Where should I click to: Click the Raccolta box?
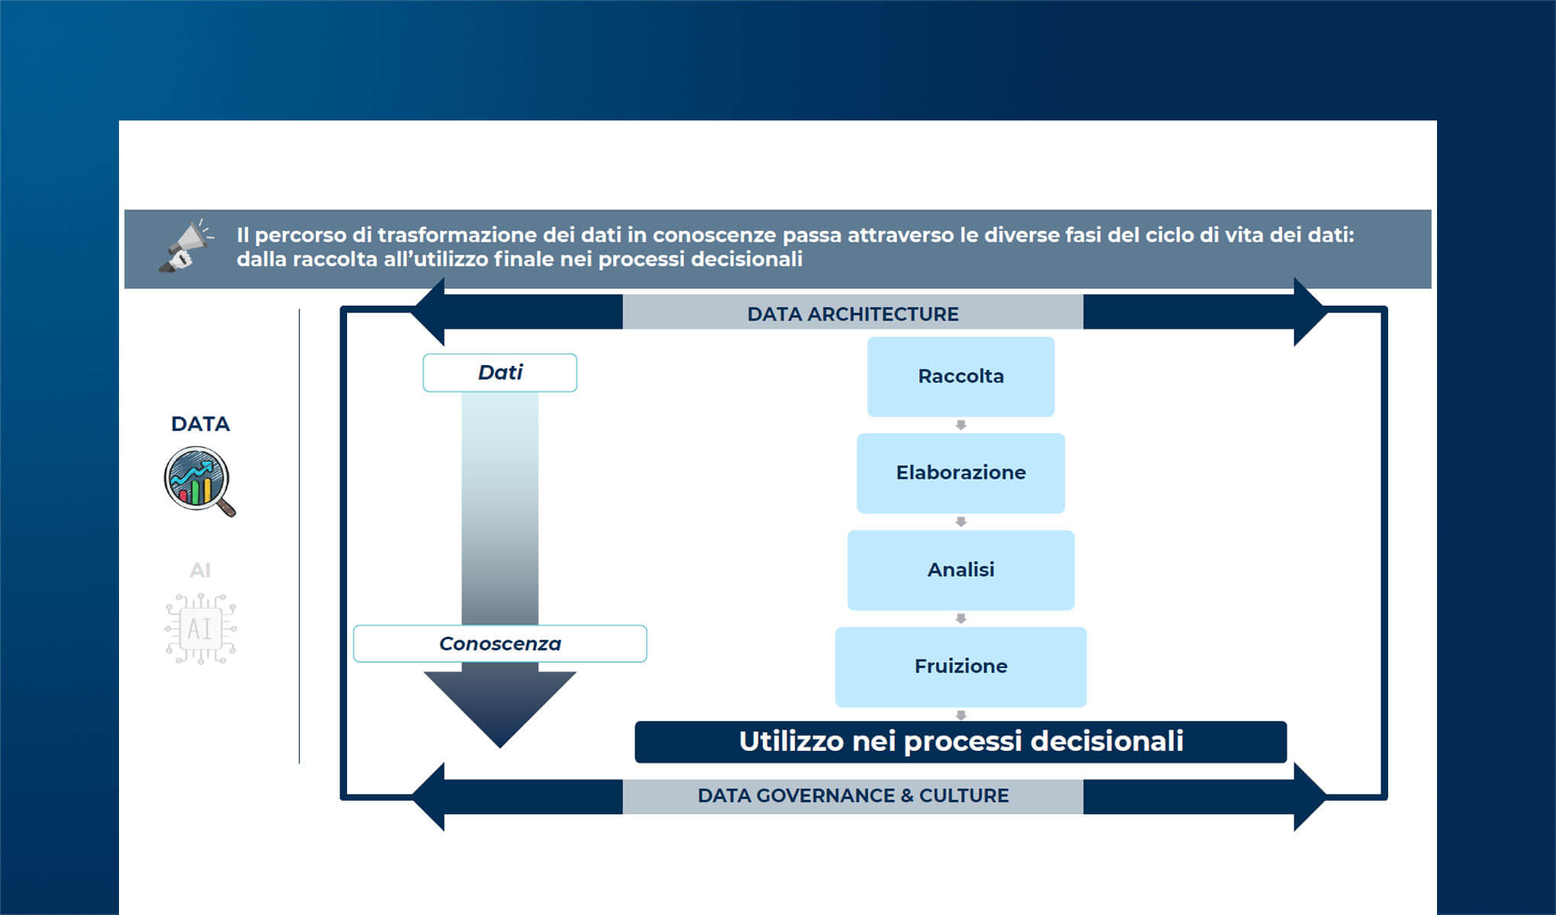(x=960, y=377)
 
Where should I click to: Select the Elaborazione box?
(x=960, y=473)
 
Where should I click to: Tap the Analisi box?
(x=960, y=570)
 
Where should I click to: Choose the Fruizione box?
(x=960, y=666)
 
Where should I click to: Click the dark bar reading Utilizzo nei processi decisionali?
(x=960, y=742)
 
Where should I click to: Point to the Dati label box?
(x=500, y=373)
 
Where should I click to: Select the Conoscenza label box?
(x=500, y=644)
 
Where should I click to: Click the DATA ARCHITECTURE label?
(x=853, y=313)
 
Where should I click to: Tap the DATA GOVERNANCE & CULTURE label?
(x=853, y=795)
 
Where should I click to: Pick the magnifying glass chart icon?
(x=199, y=481)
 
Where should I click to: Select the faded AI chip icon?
(x=201, y=629)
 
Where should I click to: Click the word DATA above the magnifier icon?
(x=200, y=424)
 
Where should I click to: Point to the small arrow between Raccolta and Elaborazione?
(x=961, y=425)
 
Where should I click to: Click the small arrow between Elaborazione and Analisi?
(x=961, y=522)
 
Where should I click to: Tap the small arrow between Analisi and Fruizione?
(x=961, y=618)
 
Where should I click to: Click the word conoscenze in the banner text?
(x=714, y=235)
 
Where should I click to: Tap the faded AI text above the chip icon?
(x=200, y=570)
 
